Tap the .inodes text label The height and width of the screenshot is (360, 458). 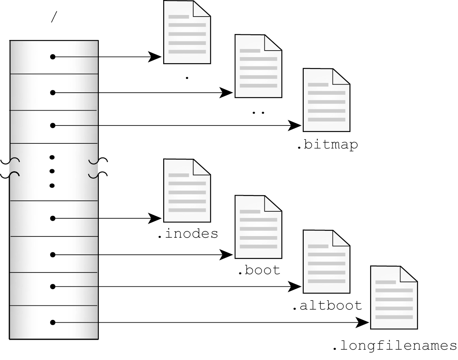point(188,234)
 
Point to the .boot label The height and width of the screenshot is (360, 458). point(258,270)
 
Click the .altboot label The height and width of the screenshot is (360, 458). point(327,305)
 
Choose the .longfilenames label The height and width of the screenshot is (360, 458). point(394,346)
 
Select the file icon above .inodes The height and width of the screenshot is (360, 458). point(187,190)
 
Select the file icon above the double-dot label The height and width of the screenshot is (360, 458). point(258,66)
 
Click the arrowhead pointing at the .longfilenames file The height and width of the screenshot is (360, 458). point(363,323)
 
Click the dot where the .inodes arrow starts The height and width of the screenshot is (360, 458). point(53,219)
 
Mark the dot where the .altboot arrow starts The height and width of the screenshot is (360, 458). point(53,287)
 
